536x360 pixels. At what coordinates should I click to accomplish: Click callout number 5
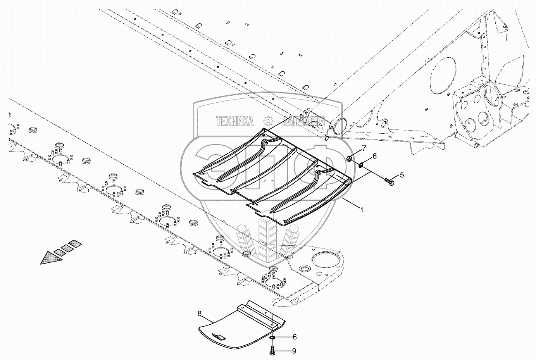[402, 174]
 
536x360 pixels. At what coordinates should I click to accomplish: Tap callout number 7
[364, 148]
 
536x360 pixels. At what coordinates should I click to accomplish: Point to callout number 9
[294, 351]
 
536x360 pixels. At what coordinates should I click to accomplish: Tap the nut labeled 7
[349, 158]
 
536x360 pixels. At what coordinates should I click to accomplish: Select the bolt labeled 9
[271, 351]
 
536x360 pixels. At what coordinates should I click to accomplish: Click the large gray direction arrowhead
[51, 257]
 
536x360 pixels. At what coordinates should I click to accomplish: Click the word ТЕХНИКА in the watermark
[234, 121]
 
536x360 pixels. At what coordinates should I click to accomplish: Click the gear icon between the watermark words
[267, 121]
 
